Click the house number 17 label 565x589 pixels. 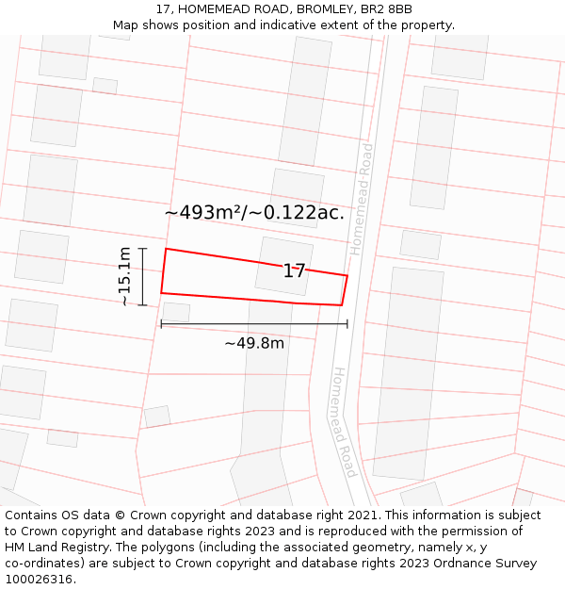tap(295, 271)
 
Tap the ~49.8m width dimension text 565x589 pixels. tap(254, 343)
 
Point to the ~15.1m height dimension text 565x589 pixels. tap(124, 276)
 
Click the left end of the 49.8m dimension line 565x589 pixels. tap(161, 323)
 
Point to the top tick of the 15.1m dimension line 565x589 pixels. tap(143, 249)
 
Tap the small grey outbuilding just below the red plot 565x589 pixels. tap(176, 312)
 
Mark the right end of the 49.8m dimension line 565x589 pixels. tap(347, 323)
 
